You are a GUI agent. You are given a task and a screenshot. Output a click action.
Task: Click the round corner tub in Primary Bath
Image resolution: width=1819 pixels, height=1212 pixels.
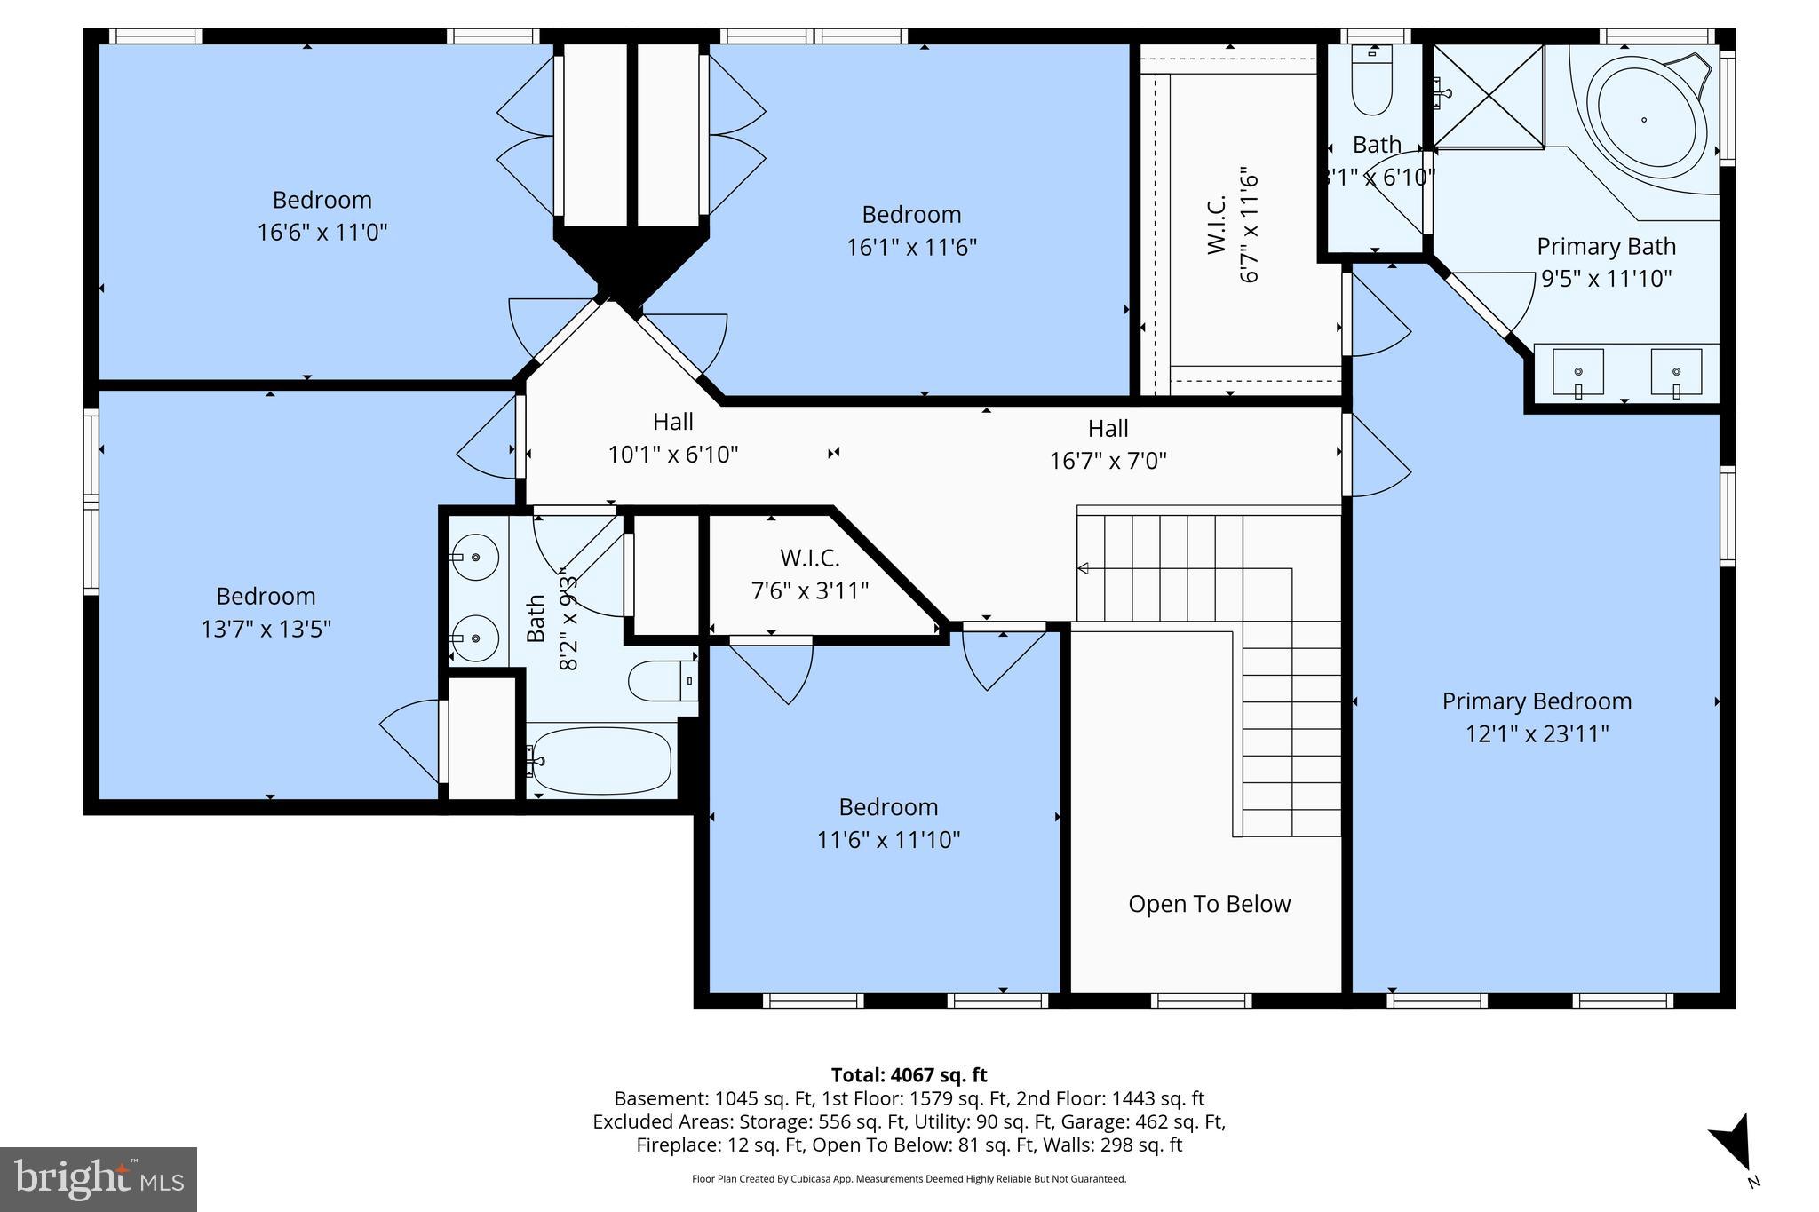tap(1644, 118)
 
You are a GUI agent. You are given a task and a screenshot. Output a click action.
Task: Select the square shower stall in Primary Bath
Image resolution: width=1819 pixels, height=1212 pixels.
tap(1488, 96)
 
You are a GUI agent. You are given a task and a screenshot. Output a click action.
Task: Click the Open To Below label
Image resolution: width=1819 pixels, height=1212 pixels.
tap(1209, 904)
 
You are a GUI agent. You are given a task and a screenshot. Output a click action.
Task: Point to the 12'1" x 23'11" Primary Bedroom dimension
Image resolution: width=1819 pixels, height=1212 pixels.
tap(1537, 734)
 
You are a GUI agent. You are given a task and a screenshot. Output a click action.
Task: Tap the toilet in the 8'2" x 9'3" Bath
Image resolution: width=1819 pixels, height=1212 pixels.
tap(662, 681)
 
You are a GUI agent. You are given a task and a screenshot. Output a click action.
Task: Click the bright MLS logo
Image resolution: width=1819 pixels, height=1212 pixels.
tap(99, 1179)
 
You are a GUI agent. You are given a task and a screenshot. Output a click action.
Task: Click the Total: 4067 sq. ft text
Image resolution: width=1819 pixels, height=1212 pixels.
tap(909, 1075)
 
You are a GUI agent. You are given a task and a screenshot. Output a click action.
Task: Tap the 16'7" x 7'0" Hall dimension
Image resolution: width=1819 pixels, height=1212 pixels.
tap(1108, 461)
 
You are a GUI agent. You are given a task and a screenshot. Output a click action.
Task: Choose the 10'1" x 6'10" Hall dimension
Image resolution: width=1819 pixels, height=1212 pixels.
tap(672, 455)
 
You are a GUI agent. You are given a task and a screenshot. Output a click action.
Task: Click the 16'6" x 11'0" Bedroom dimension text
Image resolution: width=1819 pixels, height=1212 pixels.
tap(322, 233)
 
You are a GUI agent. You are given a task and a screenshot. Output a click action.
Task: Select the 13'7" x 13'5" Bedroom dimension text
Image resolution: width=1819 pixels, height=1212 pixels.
tap(266, 630)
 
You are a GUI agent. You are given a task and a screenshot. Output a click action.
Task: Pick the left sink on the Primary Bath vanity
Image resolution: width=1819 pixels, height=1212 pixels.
tap(1578, 372)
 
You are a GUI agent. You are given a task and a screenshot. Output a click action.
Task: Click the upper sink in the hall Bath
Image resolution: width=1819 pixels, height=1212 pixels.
tap(473, 557)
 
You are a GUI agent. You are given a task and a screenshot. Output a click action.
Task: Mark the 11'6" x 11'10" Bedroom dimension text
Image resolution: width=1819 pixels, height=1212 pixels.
tap(888, 840)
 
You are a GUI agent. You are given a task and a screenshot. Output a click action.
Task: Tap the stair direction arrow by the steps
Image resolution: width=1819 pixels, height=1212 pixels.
tap(1083, 568)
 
